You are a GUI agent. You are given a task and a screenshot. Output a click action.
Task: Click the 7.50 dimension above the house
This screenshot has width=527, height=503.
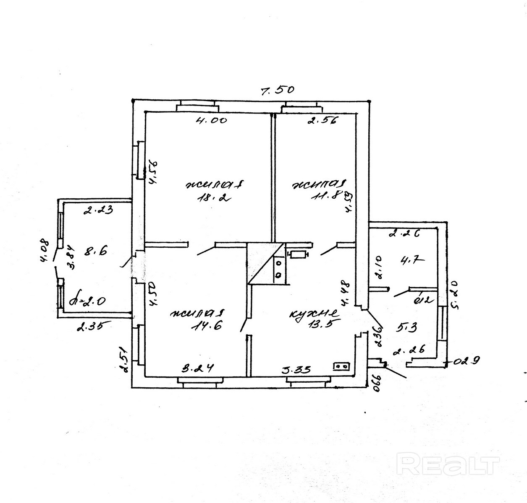[277, 90]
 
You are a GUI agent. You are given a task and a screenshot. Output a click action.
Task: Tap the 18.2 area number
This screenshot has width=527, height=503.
[215, 199]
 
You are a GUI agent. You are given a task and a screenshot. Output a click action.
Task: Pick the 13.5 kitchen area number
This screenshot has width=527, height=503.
[318, 327]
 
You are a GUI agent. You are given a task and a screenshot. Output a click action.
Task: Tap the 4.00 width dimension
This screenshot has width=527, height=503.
[212, 121]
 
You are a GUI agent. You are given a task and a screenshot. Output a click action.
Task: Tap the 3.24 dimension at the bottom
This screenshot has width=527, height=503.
[198, 369]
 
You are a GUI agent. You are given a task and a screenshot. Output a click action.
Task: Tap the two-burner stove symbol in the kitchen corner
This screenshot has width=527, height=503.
[341, 366]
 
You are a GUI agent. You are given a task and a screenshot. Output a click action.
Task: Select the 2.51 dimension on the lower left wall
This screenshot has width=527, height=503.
[123, 359]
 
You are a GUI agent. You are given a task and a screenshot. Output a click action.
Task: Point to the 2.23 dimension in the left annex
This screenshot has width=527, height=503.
[98, 211]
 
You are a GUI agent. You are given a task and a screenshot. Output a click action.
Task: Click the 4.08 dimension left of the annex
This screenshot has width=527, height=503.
[45, 251]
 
